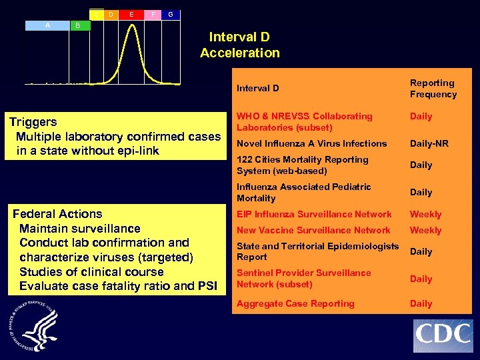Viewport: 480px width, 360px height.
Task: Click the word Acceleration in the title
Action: [x=240, y=53]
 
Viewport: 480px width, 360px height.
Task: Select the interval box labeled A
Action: [x=47, y=25]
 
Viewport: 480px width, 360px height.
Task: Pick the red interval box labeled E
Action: [x=131, y=14]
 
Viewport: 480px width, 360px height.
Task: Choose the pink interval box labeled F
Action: [x=153, y=14]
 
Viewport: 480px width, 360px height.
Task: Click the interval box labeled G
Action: [x=171, y=14]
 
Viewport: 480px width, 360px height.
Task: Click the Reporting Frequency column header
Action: [x=433, y=88]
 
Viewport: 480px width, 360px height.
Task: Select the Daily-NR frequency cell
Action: [x=429, y=143]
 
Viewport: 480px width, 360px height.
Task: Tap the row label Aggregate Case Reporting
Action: [x=295, y=303]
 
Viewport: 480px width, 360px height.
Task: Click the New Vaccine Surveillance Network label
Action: [x=313, y=230]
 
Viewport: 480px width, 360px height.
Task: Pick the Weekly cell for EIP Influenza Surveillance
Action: [x=425, y=214]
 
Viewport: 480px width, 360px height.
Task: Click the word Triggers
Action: [x=33, y=122]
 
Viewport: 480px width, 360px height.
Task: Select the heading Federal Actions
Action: [x=58, y=214]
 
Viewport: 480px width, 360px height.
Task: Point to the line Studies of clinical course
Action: [x=91, y=272]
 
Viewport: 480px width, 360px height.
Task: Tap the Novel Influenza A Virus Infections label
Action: [x=311, y=143]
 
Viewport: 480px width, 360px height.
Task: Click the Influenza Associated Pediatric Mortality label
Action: [x=303, y=192]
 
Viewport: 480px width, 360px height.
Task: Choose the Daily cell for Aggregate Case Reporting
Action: [x=421, y=303]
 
